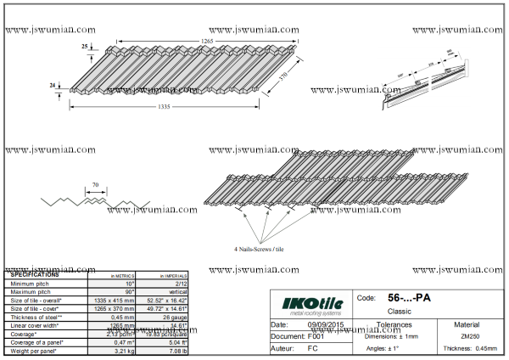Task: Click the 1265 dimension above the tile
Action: click(206, 41)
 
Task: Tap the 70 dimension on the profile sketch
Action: click(95, 184)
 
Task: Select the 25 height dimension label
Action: click(86, 47)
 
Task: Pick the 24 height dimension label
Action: click(53, 86)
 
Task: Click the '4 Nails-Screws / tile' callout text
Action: click(265, 250)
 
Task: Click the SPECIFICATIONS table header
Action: click(35, 275)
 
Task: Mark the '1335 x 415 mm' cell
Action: click(112, 301)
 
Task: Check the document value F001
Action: click(316, 337)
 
